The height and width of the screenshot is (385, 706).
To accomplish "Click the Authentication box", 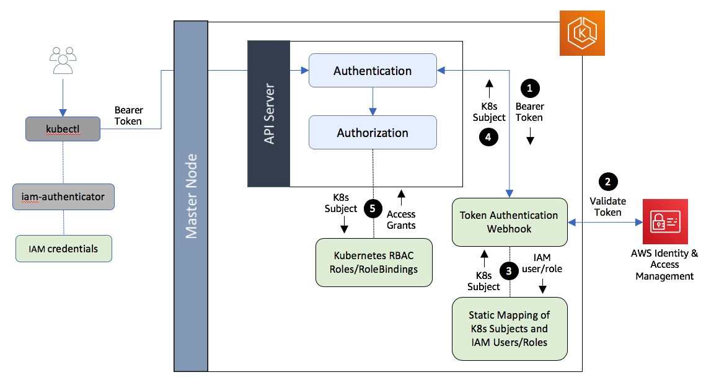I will click(x=373, y=71).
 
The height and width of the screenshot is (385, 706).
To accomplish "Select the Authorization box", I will click(x=373, y=133).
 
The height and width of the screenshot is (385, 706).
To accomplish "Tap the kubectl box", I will click(x=63, y=128).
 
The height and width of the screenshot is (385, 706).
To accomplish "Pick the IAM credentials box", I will click(x=63, y=249).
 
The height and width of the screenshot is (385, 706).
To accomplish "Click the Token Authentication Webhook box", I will click(x=509, y=222).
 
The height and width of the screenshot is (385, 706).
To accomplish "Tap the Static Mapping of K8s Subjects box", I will click(x=509, y=329).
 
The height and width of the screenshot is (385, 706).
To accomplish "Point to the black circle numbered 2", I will click(x=607, y=182).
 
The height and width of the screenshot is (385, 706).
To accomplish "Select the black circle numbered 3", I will click(x=509, y=270).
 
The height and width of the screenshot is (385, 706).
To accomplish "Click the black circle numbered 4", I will click(x=488, y=138).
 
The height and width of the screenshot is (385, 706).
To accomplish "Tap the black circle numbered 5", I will click(x=373, y=208).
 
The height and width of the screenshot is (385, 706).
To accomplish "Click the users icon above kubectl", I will click(x=63, y=60).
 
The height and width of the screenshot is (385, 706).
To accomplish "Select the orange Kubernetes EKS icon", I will click(x=581, y=33).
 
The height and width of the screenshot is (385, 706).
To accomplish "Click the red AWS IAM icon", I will click(x=665, y=221).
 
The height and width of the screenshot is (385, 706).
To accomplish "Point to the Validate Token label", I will click(x=607, y=206).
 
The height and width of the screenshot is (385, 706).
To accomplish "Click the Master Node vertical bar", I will click(x=190, y=195).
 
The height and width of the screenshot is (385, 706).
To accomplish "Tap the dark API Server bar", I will click(x=268, y=113).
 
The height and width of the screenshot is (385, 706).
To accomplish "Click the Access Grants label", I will click(x=401, y=219).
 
